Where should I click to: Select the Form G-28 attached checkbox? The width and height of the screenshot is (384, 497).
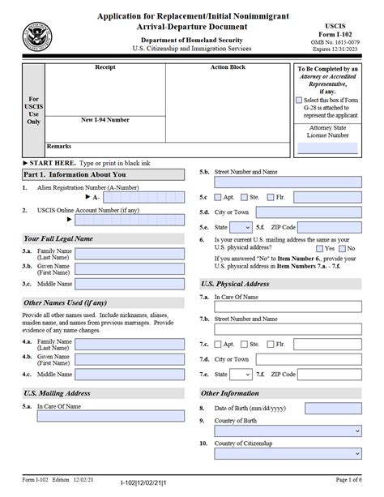(299, 99)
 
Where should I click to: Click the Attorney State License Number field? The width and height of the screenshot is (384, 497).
(327, 148)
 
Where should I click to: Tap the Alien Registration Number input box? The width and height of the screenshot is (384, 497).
(147, 197)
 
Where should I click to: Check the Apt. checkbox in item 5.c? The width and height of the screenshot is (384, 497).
(219, 197)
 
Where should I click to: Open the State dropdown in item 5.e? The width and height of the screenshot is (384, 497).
(241, 228)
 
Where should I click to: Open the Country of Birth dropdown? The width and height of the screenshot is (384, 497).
(287, 431)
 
